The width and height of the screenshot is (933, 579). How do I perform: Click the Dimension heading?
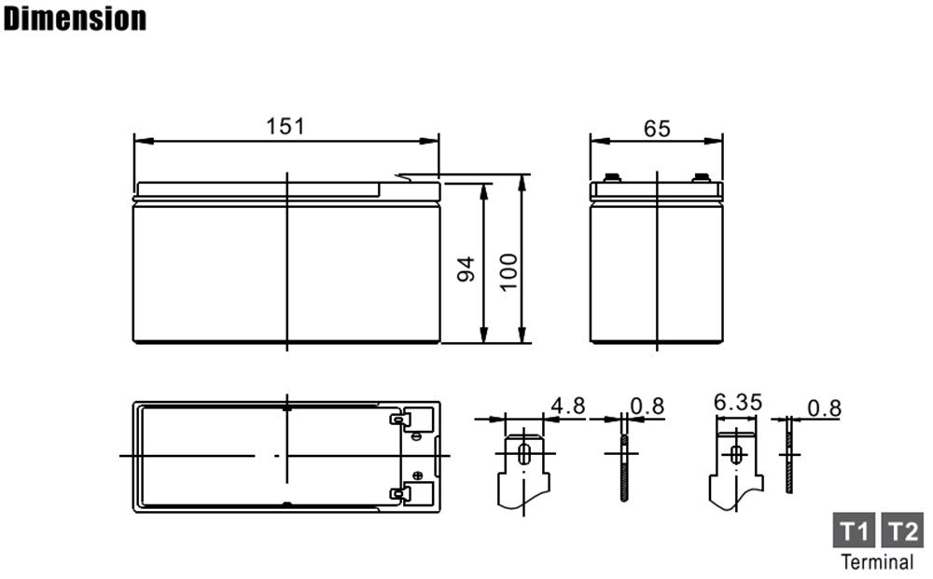pos(75,19)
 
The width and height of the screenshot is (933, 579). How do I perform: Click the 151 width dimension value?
pos(285,126)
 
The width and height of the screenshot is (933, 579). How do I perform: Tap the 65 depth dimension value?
pos(657,129)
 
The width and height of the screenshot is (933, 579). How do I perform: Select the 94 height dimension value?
pos(466,269)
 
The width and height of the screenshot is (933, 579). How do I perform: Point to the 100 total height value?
pos(508,271)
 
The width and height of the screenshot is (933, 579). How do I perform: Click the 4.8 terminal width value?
pos(567,406)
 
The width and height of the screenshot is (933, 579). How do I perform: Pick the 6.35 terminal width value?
pos(738,403)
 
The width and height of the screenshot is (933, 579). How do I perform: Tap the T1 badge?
pos(854,530)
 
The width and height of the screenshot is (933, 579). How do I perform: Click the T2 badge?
pos(902,530)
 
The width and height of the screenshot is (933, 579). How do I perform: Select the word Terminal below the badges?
pos(877,562)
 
